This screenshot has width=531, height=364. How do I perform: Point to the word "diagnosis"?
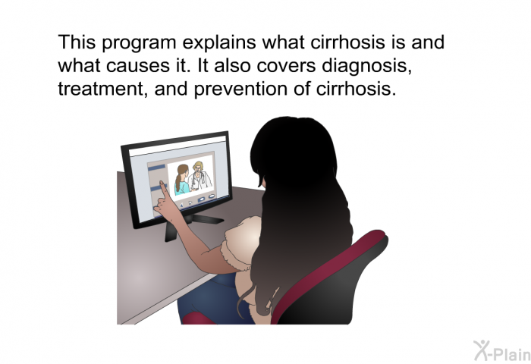pyautogui.click(x=366, y=66)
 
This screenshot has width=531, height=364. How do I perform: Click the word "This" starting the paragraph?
pyautogui.click(x=77, y=42)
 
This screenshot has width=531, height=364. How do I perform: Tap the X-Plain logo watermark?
pyautogui.click(x=502, y=351)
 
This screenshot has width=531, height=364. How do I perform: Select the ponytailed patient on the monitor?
pyautogui.click(x=182, y=180)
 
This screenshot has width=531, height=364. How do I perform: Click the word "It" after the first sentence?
pyautogui.click(x=203, y=65)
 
